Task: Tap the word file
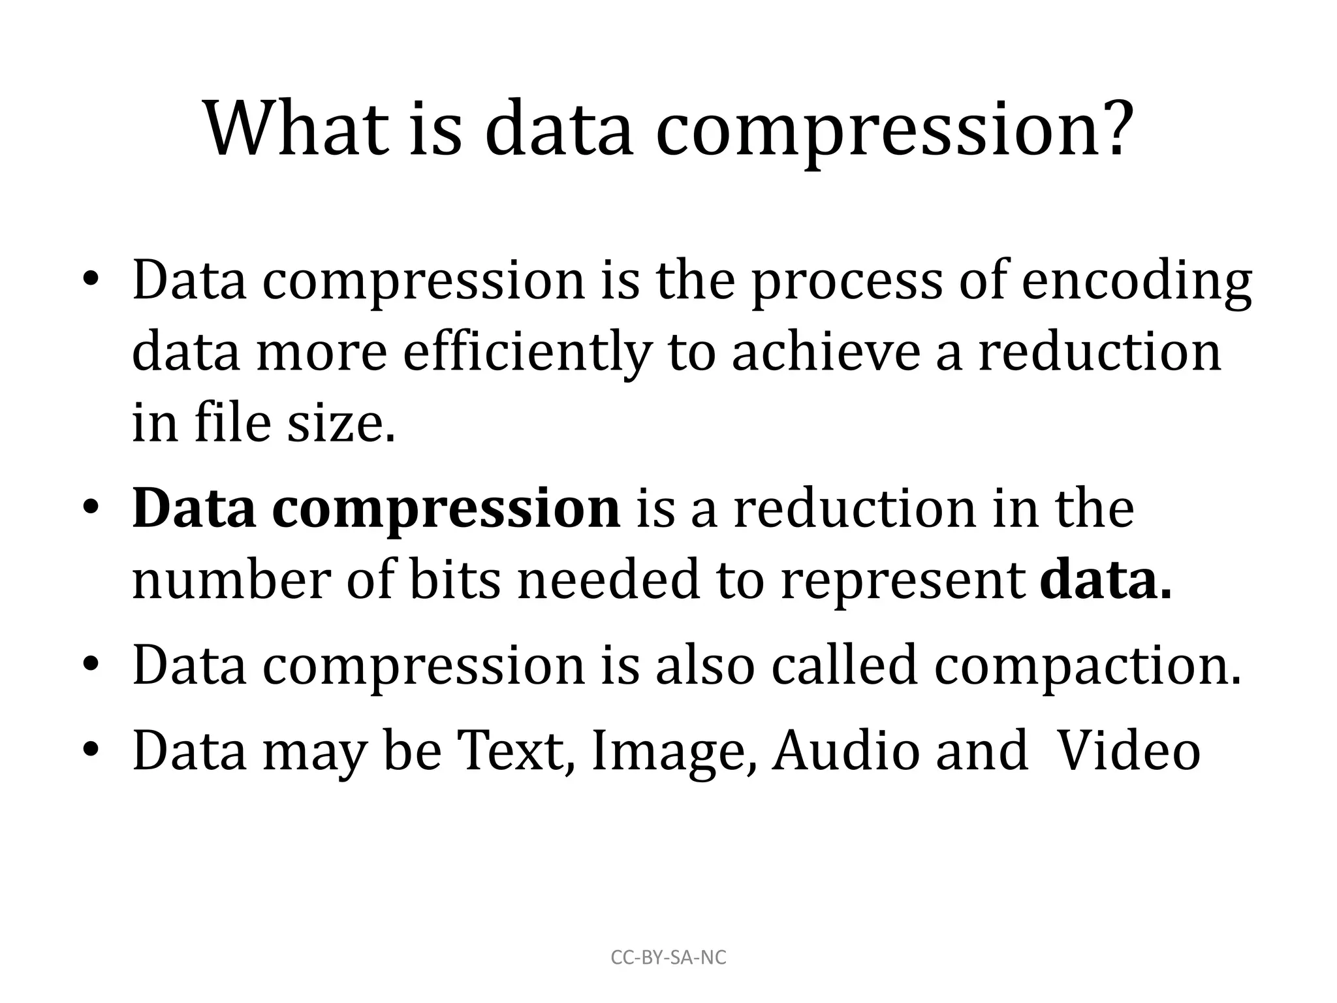(232, 423)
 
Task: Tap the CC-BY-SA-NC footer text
(668, 959)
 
